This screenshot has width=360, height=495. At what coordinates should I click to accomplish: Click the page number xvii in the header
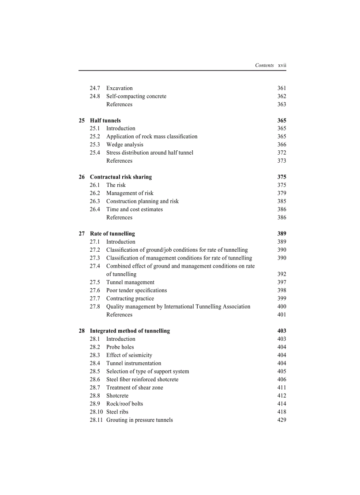[x=282, y=65]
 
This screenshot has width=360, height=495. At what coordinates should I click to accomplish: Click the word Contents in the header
[x=264, y=65]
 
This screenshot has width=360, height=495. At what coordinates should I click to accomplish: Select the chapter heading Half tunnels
[x=105, y=120]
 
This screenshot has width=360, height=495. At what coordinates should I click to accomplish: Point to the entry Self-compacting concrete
[x=136, y=96]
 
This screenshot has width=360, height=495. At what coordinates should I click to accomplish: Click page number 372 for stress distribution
[x=281, y=153]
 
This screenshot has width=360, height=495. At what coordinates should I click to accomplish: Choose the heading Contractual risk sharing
[x=120, y=177]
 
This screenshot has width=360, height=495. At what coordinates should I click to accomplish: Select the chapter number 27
[x=82, y=234]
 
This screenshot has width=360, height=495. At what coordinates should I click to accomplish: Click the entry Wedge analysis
[x=124, y=145]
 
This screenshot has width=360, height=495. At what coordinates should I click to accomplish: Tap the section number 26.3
[x=95, y=201]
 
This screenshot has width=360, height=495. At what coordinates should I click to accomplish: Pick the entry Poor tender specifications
[x=136, y=290]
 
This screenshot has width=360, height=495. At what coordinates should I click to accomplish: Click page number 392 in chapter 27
[x=281, y=274]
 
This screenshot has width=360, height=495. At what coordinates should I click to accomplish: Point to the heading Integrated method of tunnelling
[x=130, y=331]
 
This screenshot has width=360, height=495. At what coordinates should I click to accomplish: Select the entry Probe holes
[x=120, y=347]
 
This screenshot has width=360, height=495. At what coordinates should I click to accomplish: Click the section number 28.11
[x=96, y=420]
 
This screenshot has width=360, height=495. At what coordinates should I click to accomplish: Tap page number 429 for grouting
[x=281, y=420]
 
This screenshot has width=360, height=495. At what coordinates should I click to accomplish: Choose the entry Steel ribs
[x=117, y=412]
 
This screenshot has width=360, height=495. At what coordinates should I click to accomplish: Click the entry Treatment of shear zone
[x=135, y=387]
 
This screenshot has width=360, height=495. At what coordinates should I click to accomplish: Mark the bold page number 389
[x=281, y=234]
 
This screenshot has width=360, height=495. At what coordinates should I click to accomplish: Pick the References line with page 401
[x=119, y=314]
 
